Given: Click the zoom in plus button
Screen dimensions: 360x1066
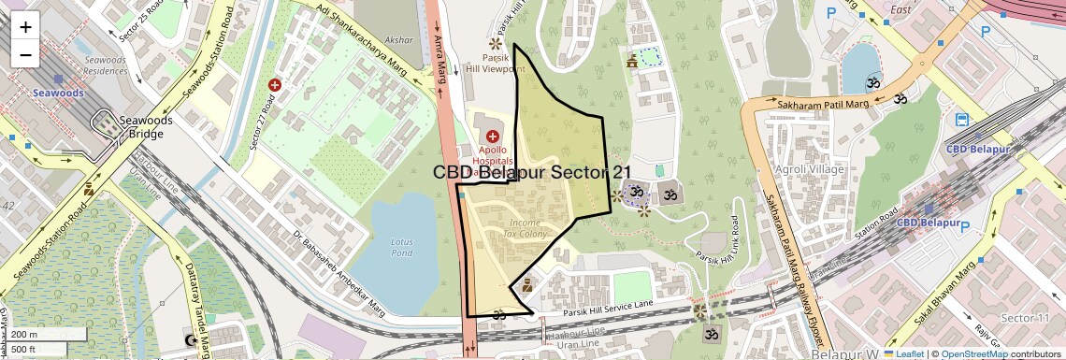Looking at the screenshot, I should [25, 26].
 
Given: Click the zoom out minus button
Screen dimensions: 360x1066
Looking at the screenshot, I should [25, 54].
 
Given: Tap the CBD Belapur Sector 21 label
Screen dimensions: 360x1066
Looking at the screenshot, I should [532, 173].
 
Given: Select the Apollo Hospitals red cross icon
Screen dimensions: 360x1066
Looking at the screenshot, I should [492, 137].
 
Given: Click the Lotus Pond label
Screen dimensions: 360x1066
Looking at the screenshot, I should [401, 247].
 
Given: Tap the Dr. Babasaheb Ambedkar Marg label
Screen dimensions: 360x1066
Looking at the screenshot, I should [338, 272].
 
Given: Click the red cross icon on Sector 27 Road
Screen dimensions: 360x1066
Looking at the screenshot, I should [275, 85].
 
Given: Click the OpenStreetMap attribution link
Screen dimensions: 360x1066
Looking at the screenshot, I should [973, 353].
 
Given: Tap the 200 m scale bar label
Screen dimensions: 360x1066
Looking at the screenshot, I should [25, 335].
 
